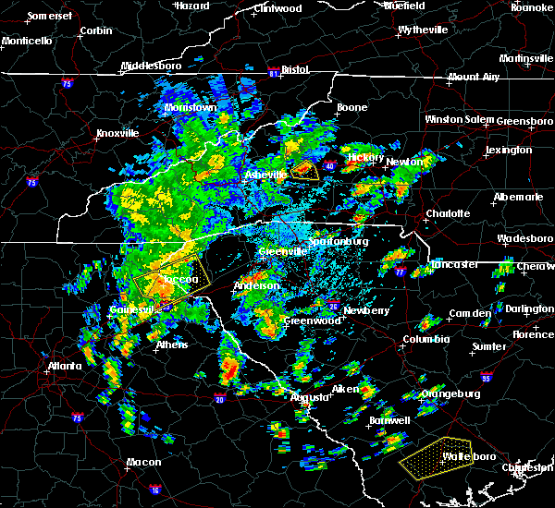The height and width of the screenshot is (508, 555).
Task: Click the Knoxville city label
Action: pos(118,133)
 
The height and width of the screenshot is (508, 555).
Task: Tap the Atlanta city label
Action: pos(68,366)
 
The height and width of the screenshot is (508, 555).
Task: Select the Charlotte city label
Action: pos(448,213)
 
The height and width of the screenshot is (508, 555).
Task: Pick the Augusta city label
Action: pos(309,397)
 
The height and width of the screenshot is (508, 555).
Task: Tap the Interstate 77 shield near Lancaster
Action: pos(401,273)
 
